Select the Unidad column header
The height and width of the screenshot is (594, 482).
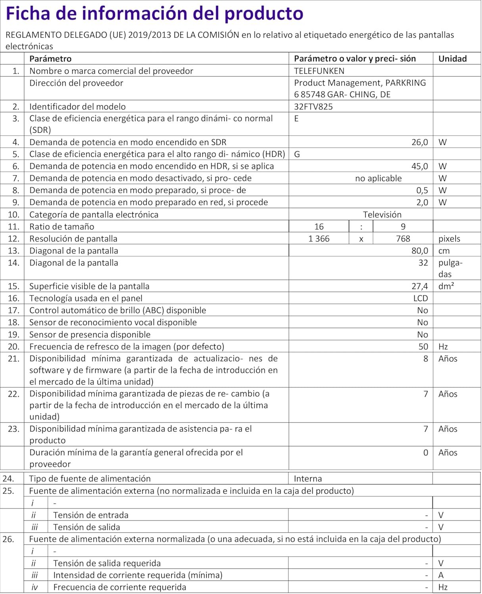click(x=452, y=59)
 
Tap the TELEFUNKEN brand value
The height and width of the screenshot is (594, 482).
click(x=319, y=71)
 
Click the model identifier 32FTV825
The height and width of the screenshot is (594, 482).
click(x=313, y=107)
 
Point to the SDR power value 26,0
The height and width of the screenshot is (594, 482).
click(x=419, y=142)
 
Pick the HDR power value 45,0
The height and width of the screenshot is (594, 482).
click(x=419, y=166)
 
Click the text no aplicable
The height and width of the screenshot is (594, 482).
click(x=378, y=178)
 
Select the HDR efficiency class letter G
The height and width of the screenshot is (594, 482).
click(x=297, y=154)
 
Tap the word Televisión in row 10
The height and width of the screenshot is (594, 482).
click(x=382, y=215)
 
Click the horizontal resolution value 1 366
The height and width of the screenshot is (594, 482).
click(x=319, y=239)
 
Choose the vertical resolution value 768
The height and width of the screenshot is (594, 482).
click(x=403, y=239)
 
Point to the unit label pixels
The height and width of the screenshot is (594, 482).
click(x=449, y=239)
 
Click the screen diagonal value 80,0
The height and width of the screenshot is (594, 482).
click(x=419, y=251)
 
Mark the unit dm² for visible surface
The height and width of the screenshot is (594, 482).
click(x=446, y=286)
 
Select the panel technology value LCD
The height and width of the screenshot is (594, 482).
click(x=421, y=298)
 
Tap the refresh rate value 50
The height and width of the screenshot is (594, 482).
click(x=423, y=346)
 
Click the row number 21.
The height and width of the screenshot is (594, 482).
click(x=13, y=359)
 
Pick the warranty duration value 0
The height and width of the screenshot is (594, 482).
click(x=425, y=453)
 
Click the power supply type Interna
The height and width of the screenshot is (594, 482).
click(x=308, y=479)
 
